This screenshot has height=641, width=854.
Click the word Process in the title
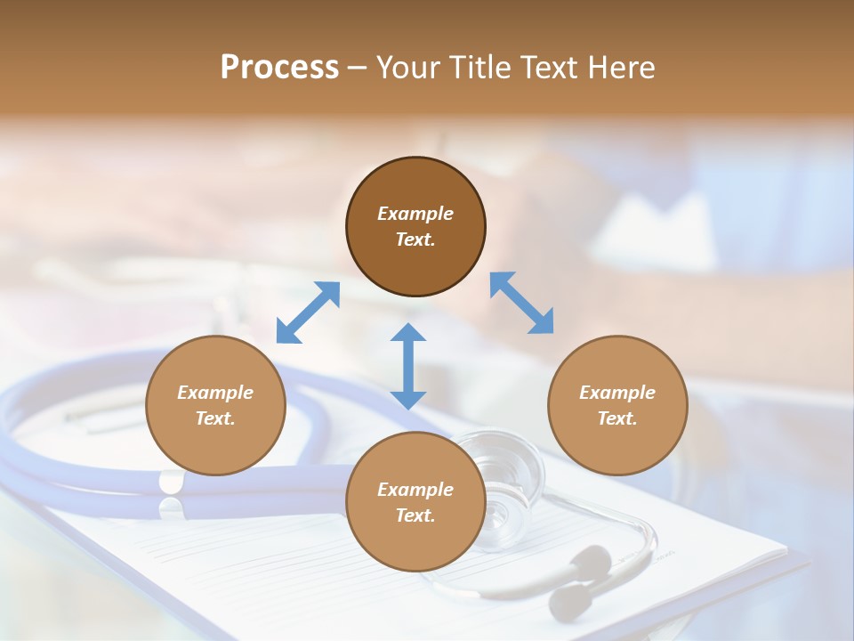(279, 68)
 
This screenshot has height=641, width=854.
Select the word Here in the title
(621, 68)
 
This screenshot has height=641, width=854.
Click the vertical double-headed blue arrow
(408, 366)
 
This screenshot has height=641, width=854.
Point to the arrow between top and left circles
(308, 312)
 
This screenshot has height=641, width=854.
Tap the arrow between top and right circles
(521, 304)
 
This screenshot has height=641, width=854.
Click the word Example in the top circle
(415, 214)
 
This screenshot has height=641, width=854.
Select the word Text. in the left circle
(215, 418)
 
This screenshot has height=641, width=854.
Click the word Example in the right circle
(617, 393)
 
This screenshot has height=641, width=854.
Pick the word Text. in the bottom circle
(415, 515)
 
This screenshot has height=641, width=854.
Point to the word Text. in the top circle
(415, 239)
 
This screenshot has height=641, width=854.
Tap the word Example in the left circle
(215, 393)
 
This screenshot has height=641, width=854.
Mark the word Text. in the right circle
(617, 418)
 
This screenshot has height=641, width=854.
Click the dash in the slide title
(358, 69)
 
